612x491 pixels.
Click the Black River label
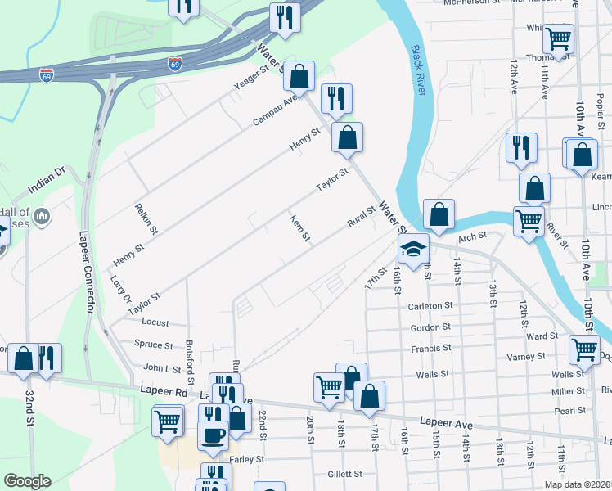point(417,70)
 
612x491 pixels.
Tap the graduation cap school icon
point(414,250)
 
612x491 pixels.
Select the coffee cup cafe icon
point(214,435)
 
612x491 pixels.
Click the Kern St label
point(299,228)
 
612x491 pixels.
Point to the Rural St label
point(361,217)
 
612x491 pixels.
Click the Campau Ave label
point(274,113)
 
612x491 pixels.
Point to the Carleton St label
point(431,305)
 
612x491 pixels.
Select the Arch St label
point(472,236)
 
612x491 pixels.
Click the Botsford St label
point(190,363)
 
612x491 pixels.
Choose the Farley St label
point(246,460)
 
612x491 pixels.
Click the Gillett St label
point(344,474)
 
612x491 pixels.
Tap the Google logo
point(27,481)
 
